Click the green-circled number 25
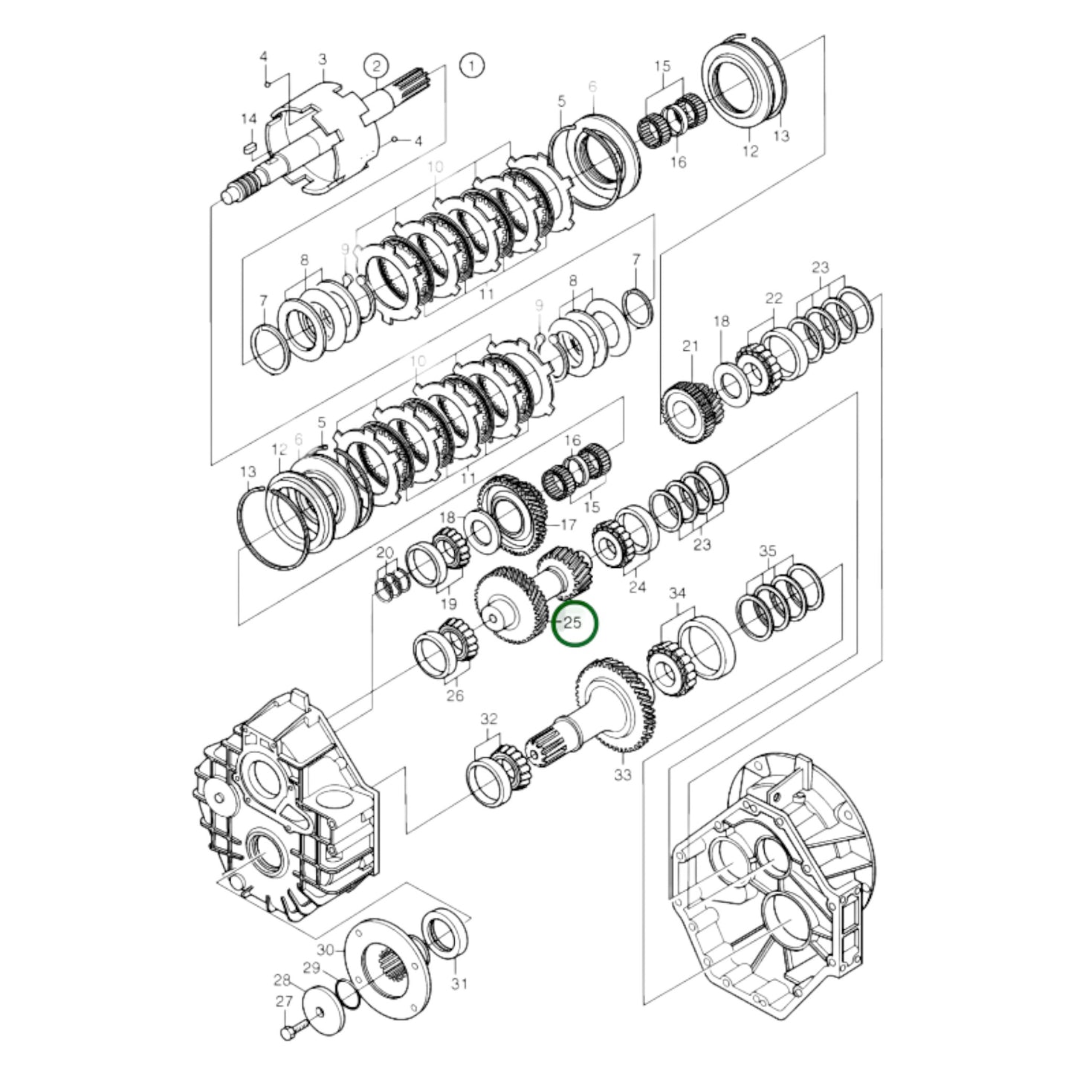(574, 623)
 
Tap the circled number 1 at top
(471, 65)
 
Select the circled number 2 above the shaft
(376, 65)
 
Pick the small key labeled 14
(249, 147)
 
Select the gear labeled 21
(690, 409)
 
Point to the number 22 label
(774, 298)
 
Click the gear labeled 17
(513, 513)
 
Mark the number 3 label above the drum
(322, 59)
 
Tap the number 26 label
(454, 695)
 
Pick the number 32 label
(488, 719)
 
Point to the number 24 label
(637, 587)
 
